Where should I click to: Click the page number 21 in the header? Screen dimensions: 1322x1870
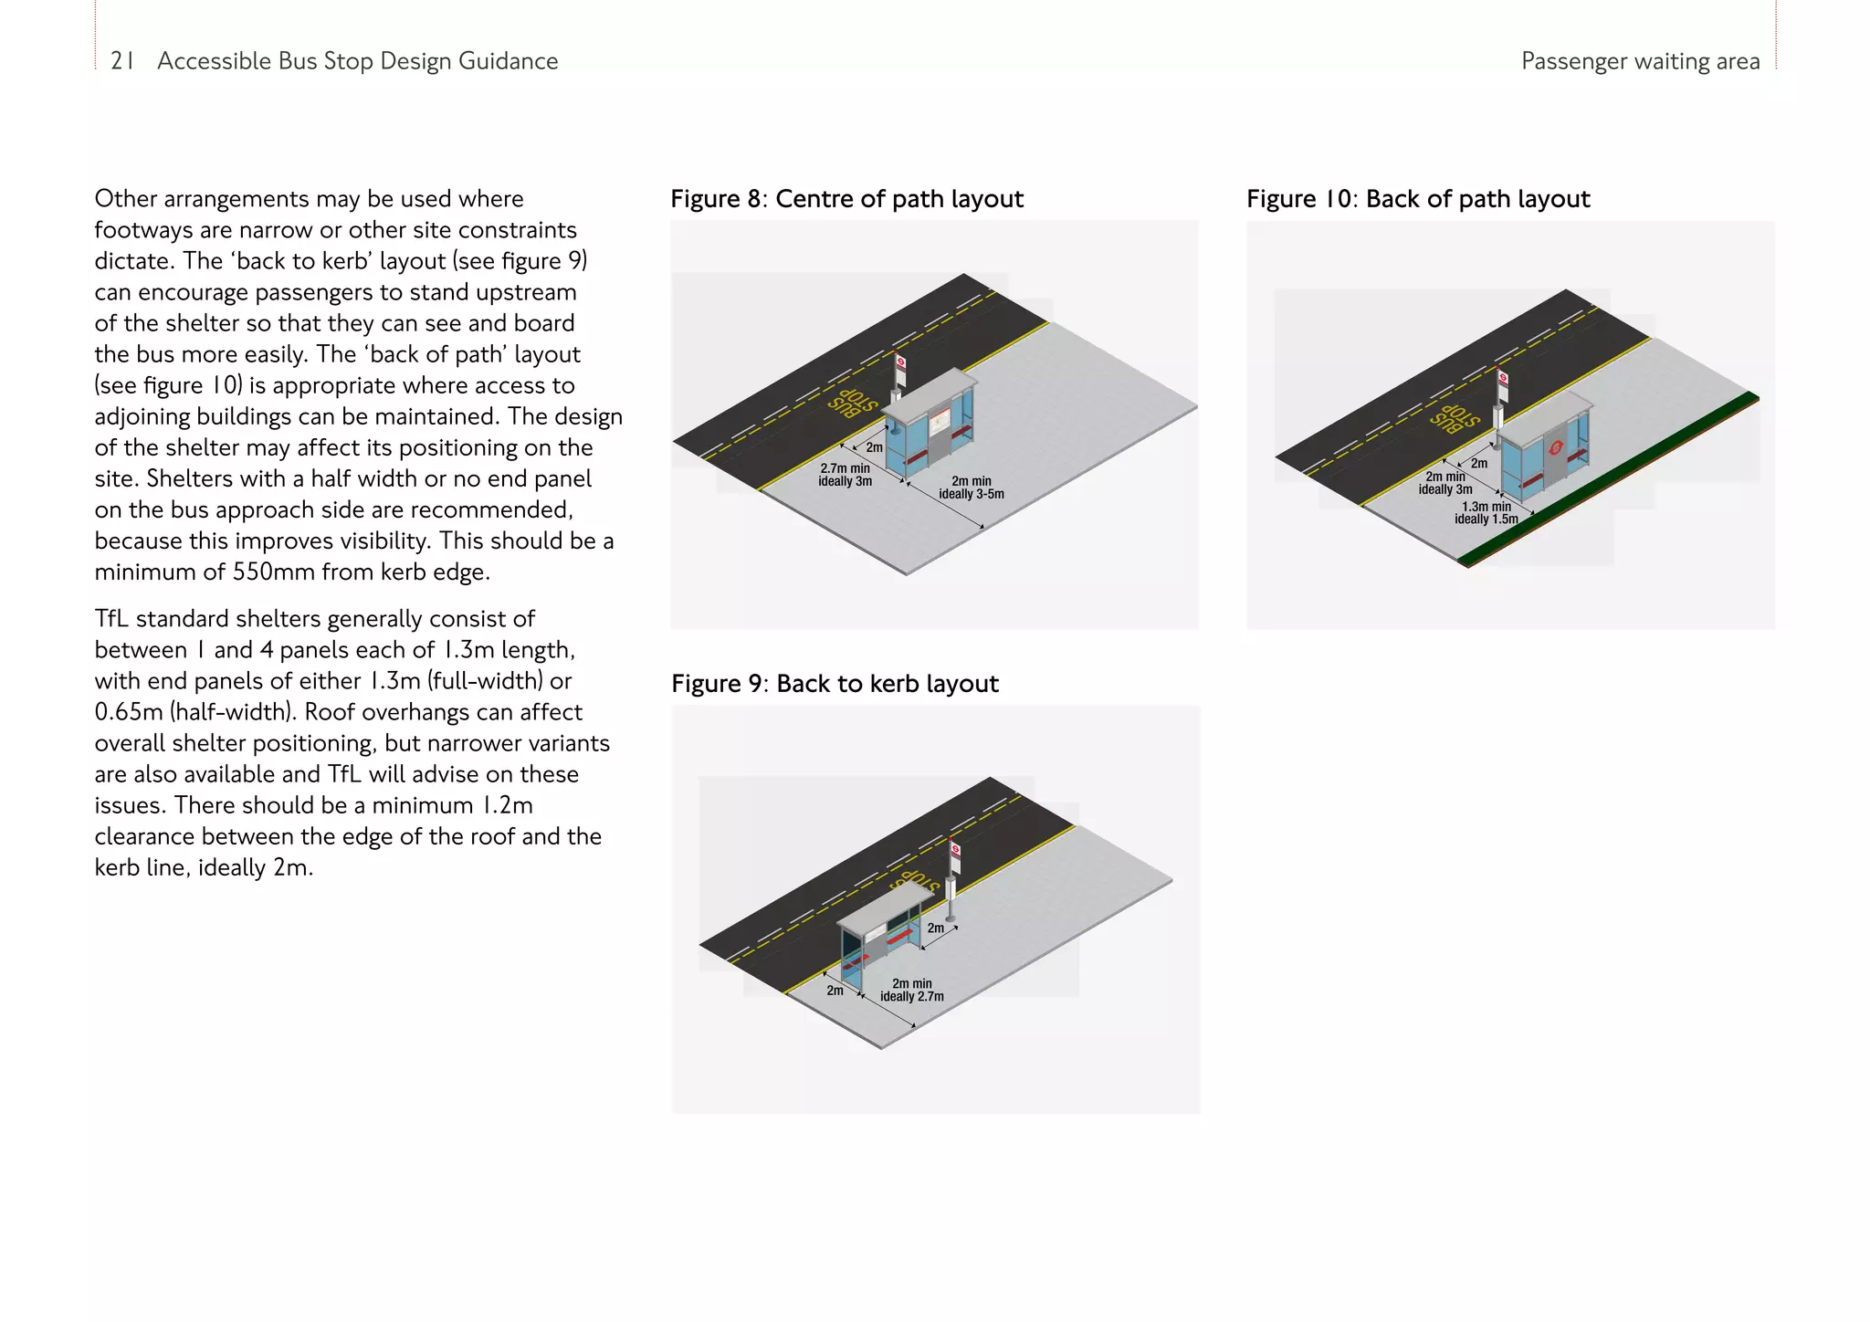point(122,61)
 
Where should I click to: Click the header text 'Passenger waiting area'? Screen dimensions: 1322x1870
point(1640,61)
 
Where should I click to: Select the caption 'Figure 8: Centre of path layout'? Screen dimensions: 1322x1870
point(846,199)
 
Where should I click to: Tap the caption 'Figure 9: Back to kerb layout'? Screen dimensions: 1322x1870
point(835,684)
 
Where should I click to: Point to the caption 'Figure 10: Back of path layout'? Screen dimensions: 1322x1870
point(1418,199)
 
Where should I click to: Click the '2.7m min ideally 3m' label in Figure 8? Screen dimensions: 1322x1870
point(845,475)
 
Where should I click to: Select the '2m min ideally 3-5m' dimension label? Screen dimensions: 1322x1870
point(971,488)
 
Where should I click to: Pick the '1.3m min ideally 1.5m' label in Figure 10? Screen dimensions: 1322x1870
point(1486,513)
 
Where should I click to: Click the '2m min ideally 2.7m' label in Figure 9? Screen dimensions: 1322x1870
point(911,991)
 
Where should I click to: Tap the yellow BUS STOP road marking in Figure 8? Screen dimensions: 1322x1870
point(852,403)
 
